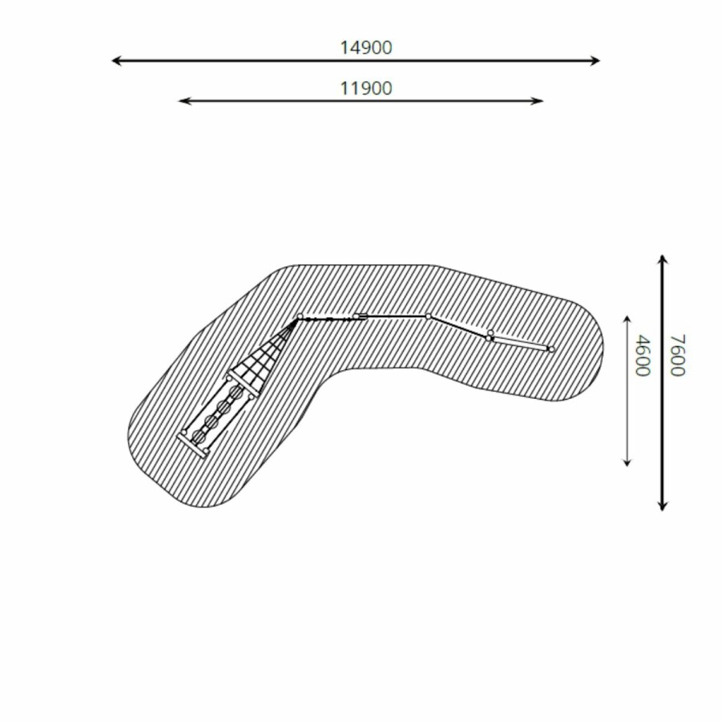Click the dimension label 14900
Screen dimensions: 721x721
(366, 48)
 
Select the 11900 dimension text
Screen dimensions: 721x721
(366, 88)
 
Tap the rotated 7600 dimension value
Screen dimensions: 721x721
(677, 355)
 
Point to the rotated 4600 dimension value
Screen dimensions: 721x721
(642, 355)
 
